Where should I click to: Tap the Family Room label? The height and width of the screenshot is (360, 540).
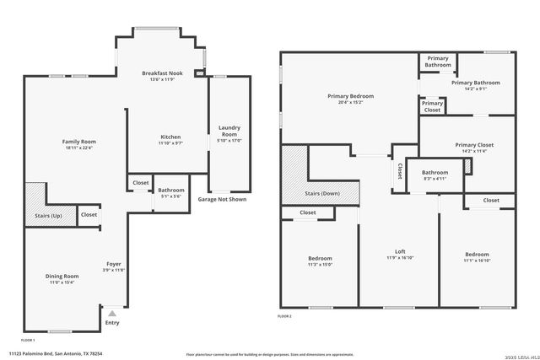[79, 141]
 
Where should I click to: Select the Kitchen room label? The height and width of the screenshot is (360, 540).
[170, 137]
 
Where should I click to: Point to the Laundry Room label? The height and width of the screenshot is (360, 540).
[229, 132]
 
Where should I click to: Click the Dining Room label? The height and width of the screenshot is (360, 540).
[62, 276]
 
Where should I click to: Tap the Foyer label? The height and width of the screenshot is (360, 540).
[114, 264]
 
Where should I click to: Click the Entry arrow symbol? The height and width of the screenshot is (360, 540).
[111, 313]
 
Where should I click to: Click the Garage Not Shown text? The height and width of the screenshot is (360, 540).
[222, 200]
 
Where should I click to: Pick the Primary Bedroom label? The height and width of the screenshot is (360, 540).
[350, 96]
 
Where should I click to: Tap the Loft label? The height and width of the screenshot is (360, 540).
[401, 251]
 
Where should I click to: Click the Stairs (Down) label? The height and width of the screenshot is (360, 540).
[322, 194]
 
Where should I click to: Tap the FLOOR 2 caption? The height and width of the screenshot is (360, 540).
[285, 316]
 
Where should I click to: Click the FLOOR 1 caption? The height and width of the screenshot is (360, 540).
[16, 339]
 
